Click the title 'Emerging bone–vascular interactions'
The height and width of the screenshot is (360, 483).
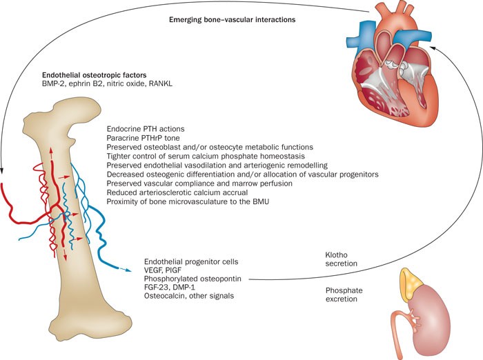click(x=232, y=20)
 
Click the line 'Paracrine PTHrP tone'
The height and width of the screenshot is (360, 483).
click(x=143, y=138)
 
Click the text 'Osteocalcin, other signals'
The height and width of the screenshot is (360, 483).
click(x=186, y=297)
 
